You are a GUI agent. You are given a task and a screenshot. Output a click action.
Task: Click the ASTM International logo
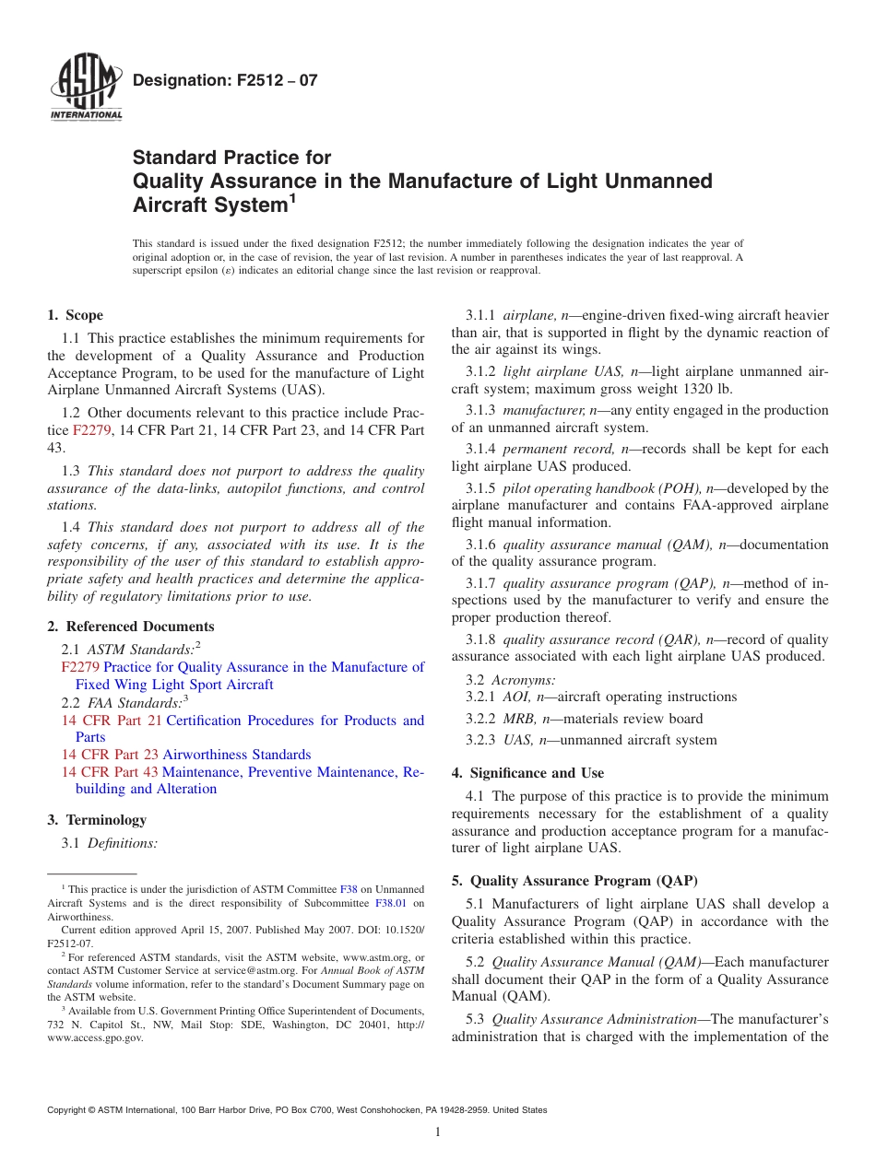click(85, 88)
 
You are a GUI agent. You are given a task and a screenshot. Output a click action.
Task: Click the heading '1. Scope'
click(76, 315)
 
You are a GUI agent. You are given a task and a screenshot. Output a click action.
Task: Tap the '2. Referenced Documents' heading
click(131, 627)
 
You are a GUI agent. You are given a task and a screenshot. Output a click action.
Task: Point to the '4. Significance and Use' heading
click(527, 773)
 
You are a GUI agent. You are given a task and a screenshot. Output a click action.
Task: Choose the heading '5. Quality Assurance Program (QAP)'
click(574, 881)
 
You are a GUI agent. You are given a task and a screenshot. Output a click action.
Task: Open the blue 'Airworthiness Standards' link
click(237, 755)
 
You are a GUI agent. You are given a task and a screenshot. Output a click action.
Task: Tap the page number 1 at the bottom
click(438, 1132)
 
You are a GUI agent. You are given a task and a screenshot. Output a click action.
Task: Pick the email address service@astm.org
click(262, 970)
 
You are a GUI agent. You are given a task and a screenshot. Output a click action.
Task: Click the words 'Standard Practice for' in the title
click(231, 158)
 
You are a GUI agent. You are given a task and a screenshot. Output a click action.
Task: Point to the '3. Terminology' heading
click(97, 820)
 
